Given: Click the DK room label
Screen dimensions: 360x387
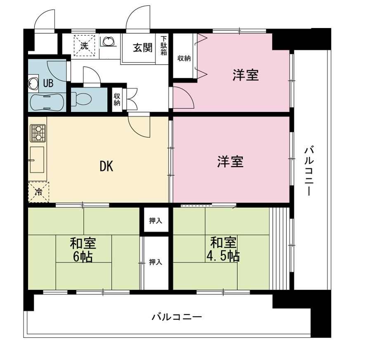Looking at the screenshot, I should [106, 166].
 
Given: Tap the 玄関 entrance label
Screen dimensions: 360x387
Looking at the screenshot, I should [142, 47].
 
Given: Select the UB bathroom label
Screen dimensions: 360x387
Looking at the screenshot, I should [48, 83].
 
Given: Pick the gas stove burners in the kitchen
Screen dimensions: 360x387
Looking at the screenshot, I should [38, 133].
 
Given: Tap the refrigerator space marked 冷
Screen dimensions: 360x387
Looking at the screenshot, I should [38, 192].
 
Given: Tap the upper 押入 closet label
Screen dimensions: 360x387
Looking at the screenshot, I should [156, 221].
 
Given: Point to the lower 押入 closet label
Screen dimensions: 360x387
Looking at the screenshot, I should [155, 262].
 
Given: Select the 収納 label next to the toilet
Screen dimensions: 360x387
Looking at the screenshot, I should [117, 99].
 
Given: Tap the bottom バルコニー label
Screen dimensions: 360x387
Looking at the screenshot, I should [177, 317].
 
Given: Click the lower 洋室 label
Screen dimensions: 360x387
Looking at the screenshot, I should [231, 162].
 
